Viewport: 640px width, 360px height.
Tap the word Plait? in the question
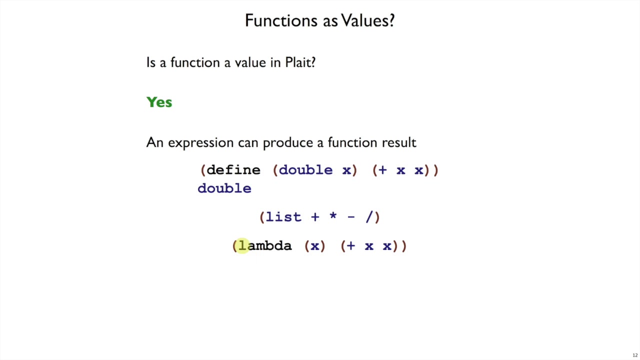coord(300,62)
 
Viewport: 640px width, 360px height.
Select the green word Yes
coord(159,102)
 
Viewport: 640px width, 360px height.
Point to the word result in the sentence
coord(399,142)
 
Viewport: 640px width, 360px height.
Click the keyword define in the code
coord(233,170)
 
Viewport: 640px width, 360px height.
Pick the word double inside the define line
coord(305,170)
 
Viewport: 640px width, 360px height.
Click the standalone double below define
coord(224,188)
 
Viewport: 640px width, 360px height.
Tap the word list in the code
coord(283,217)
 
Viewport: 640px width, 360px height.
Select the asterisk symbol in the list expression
coord(333,216)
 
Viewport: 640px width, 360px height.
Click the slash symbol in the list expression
coord(369,217)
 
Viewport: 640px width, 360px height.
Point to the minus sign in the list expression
coord(351,217)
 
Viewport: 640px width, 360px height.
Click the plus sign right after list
coord(315,217)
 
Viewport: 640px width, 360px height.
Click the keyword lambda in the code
coord(265,245)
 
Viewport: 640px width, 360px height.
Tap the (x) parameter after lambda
coord(315,245)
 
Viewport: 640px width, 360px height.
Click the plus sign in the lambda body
coord(350,245)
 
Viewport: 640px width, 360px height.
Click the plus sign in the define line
coord(382,170)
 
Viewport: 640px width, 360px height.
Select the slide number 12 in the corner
coord(635,355)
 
